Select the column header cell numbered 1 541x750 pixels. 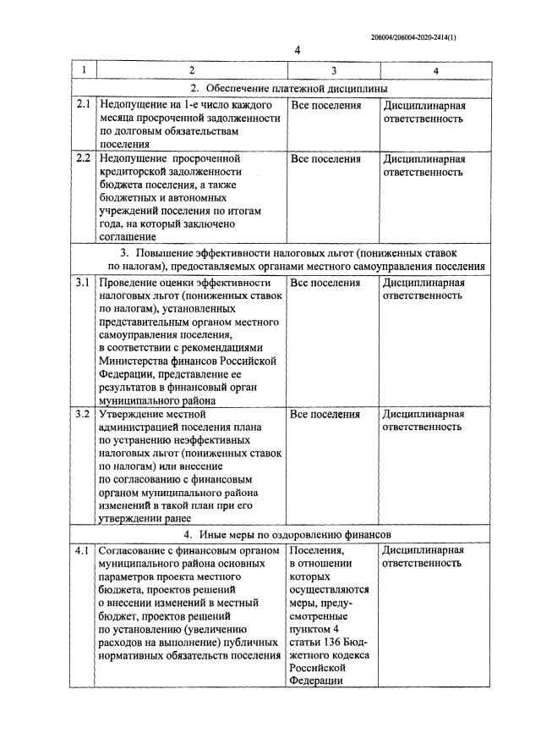[x=83, y=71]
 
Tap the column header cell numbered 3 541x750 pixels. [x=333, y=71]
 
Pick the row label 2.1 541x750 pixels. [x=83, y=106]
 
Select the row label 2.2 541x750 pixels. [x=83, y=158]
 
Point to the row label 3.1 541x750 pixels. [x=83, y=283]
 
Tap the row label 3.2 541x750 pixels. [x=83, y=414]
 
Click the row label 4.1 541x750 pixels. [x=83, y=550]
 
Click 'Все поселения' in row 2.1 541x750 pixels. [x=325, y=106]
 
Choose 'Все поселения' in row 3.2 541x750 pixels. [x=325, y=414]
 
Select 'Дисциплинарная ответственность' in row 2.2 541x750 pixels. [x=424, y=165]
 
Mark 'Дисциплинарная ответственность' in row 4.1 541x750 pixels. [x=424, y=557]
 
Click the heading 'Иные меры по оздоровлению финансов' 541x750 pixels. [x=295, y=535]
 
